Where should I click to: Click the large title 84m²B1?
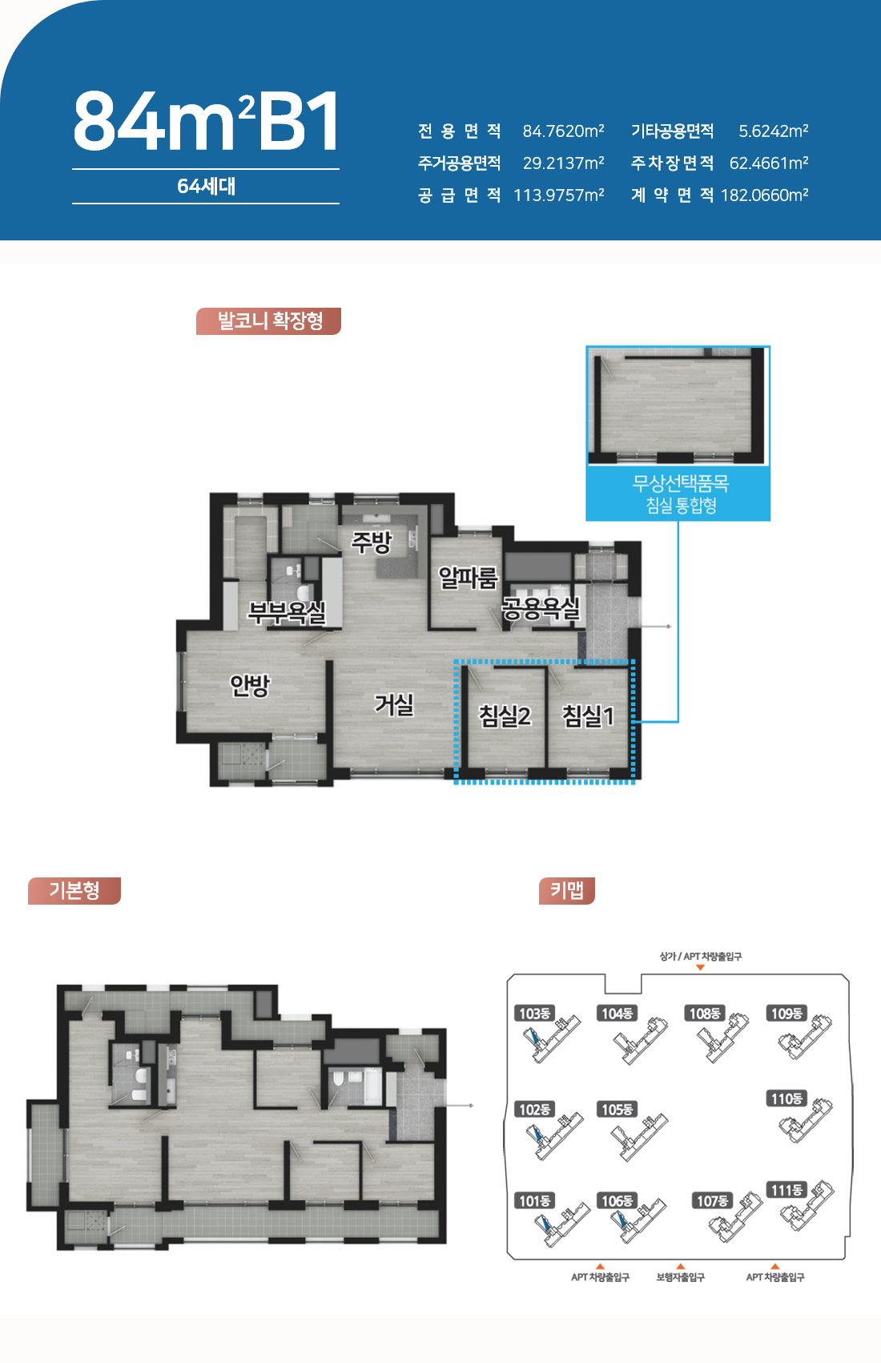click(x=206, y=121)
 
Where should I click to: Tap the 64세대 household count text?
click(x=206, y=186)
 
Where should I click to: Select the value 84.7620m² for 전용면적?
click(x=564, y=131)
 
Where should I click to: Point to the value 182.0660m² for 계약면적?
click(x=764, y=195)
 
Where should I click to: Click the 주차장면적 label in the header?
click(x=673, y=163)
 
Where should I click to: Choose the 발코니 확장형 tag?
click(x=269, y=321)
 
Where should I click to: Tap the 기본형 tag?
click(x=74, y=890)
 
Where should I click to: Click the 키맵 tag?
click(x=567, y=890)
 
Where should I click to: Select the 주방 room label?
click(x=372, y=542)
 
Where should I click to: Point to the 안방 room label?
click(x=249, y=685)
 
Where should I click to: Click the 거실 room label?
click(x=394, y=704)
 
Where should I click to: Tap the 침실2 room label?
click(x=505, y=716)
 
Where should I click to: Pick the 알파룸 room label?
click(x=469, y=578)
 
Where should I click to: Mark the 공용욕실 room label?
click(x=541, y=608)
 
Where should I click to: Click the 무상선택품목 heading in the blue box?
click(x=680, y=483)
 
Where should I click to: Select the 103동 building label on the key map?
click(x=534, y=1013)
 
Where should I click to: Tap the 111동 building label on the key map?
click(x=787, y=1190)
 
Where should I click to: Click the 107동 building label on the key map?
click(x=712, y=1200)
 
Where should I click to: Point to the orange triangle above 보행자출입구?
click(x=680, y=1266)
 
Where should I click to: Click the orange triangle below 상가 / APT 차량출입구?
click(x=701, y=967)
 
